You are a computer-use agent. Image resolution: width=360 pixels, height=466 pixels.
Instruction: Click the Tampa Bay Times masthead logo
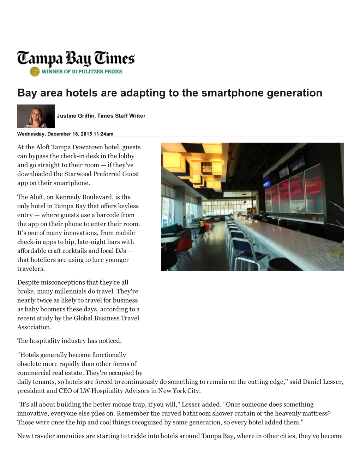point(76,58)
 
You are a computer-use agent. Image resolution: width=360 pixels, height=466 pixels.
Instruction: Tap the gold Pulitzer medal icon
point(35,72)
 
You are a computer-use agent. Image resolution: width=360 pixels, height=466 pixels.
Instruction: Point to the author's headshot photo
point(36,116)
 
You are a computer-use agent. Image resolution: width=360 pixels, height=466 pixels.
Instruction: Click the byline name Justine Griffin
point(76,116)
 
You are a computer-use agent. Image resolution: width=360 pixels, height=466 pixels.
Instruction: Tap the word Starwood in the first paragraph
point(78,174)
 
